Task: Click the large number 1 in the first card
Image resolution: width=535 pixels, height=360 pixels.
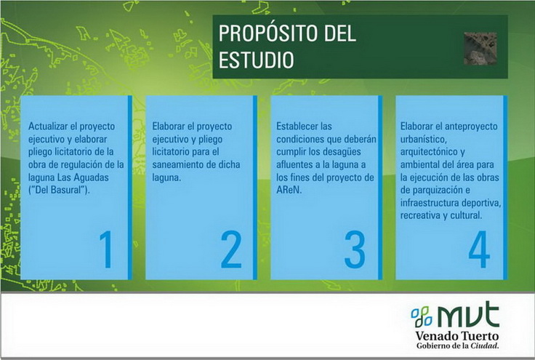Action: [107, 249]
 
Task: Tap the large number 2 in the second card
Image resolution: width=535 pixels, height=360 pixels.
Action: [231, 249]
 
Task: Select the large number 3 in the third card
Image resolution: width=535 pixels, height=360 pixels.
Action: [355, 249]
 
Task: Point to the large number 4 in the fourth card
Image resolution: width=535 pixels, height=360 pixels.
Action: [479, 249]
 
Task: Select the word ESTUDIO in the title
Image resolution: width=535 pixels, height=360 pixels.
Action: [257, 60]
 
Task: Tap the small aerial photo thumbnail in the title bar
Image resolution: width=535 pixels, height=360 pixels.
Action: [480, 49]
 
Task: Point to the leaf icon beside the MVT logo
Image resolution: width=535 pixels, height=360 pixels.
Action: [422, 316]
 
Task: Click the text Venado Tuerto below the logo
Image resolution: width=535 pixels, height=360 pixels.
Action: [457, 336]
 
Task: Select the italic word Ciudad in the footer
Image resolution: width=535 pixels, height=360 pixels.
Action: [485, 345]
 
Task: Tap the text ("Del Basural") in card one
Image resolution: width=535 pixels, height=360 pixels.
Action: [59, 190]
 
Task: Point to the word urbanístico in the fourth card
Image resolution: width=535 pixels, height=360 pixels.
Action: [424, 139]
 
